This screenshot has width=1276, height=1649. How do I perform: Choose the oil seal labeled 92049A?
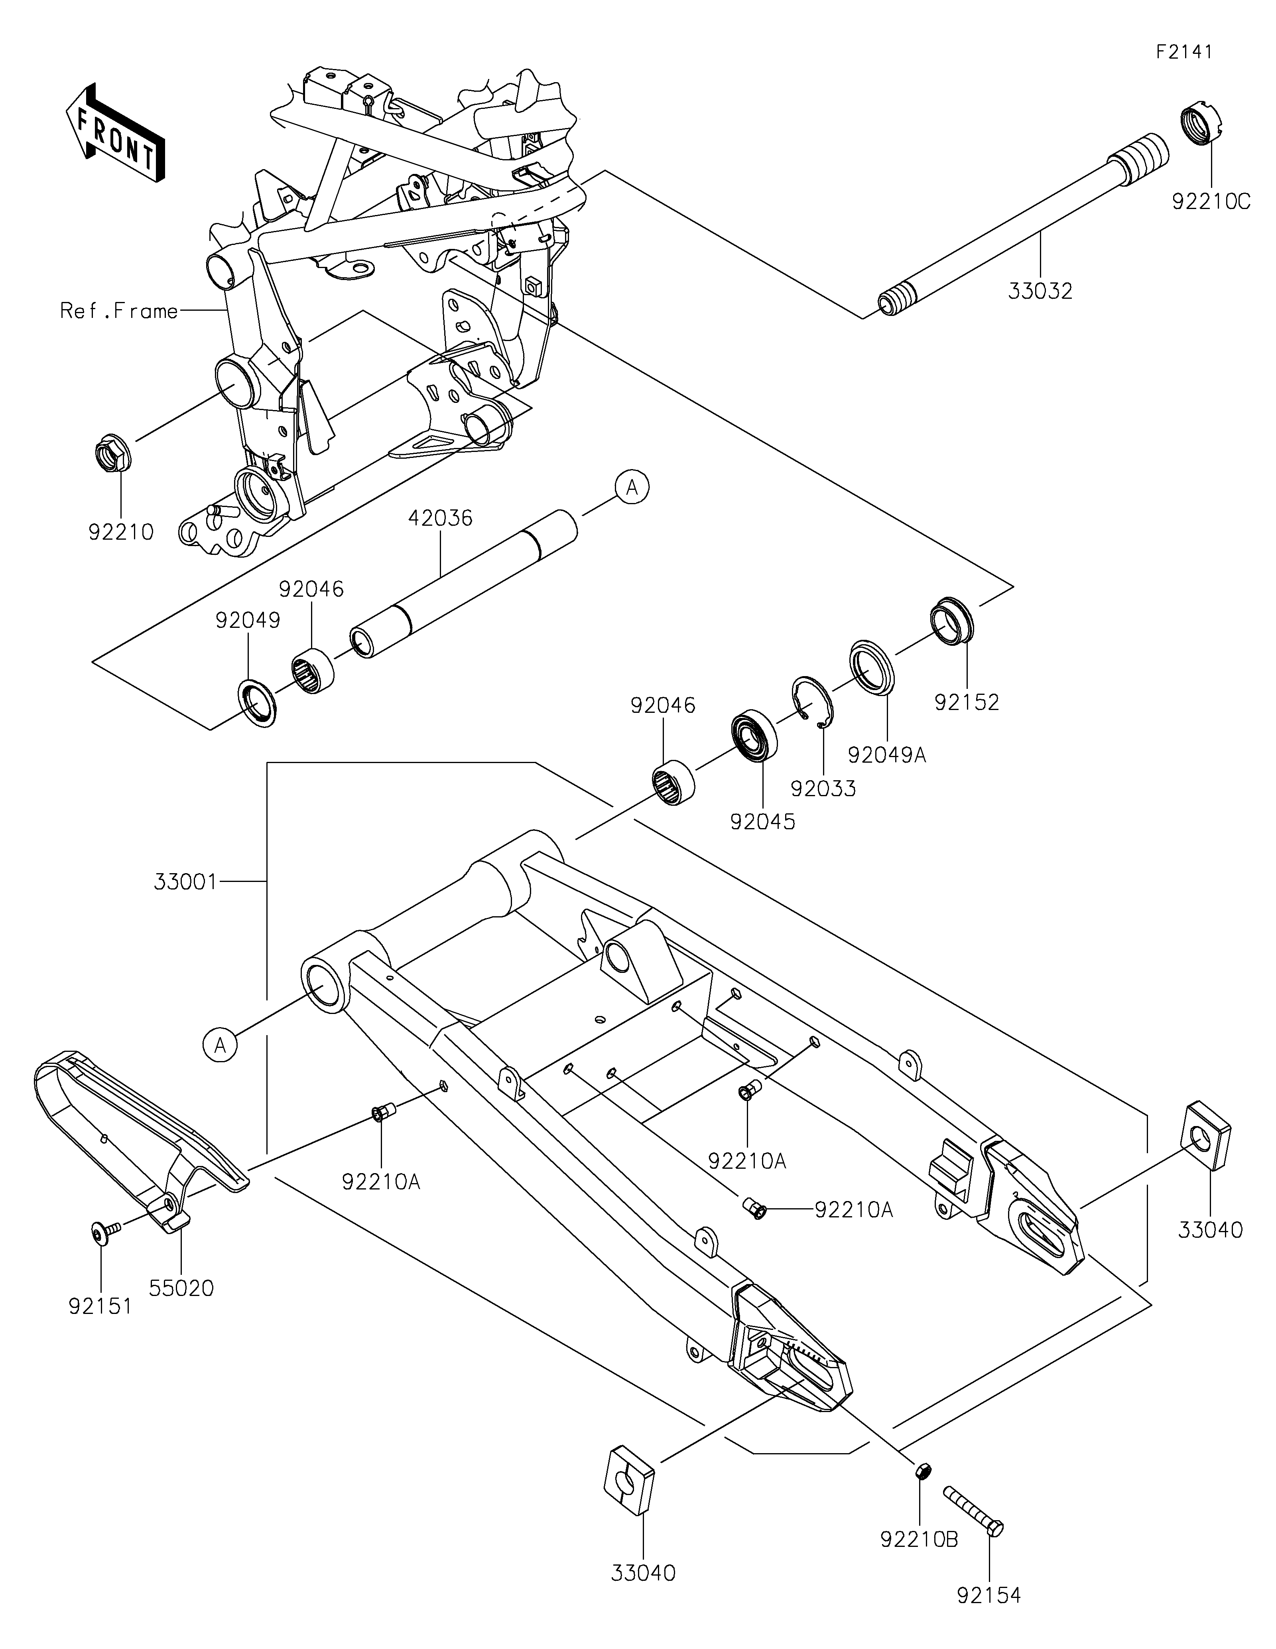coord(872,666)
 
